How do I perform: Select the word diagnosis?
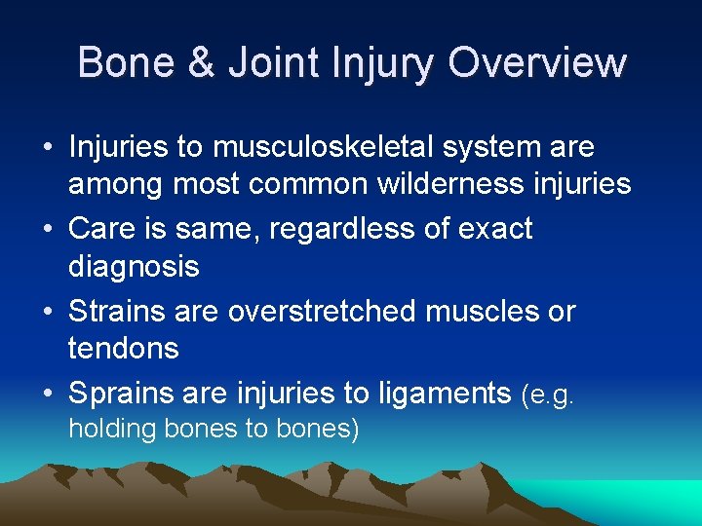point(134,265)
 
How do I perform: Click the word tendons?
point(124,347)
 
